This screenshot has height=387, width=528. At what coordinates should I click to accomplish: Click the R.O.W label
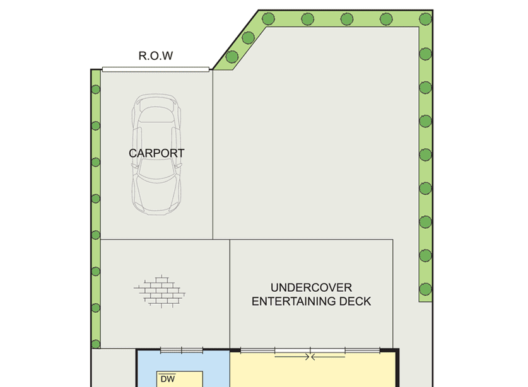coord(156,55)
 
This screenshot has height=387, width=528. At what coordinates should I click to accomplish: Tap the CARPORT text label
coord(156,153)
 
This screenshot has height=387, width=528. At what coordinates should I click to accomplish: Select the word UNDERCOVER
coord(311,287)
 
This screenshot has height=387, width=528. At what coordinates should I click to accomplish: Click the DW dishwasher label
coord(168,379)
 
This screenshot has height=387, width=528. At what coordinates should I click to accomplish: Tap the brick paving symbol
coord(160,291)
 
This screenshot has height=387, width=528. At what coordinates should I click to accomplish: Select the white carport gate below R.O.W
coord(156,69)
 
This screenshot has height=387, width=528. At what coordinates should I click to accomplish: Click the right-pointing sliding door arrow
coord(292,357)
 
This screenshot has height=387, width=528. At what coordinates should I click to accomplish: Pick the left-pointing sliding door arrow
coord(327,357)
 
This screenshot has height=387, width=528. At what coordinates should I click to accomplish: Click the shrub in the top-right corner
coord(426,19)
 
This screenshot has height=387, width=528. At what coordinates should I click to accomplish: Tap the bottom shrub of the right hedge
coord(426,289)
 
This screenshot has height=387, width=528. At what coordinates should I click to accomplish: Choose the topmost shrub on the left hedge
coord(96,89)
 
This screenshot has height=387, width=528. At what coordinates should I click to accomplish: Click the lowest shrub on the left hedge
coord(96,344)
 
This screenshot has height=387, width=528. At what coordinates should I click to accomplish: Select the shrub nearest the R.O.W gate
coord(232,57)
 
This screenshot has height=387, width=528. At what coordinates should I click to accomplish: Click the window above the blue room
coord(182,350)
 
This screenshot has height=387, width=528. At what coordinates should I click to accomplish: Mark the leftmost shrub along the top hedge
coord(268,19)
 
